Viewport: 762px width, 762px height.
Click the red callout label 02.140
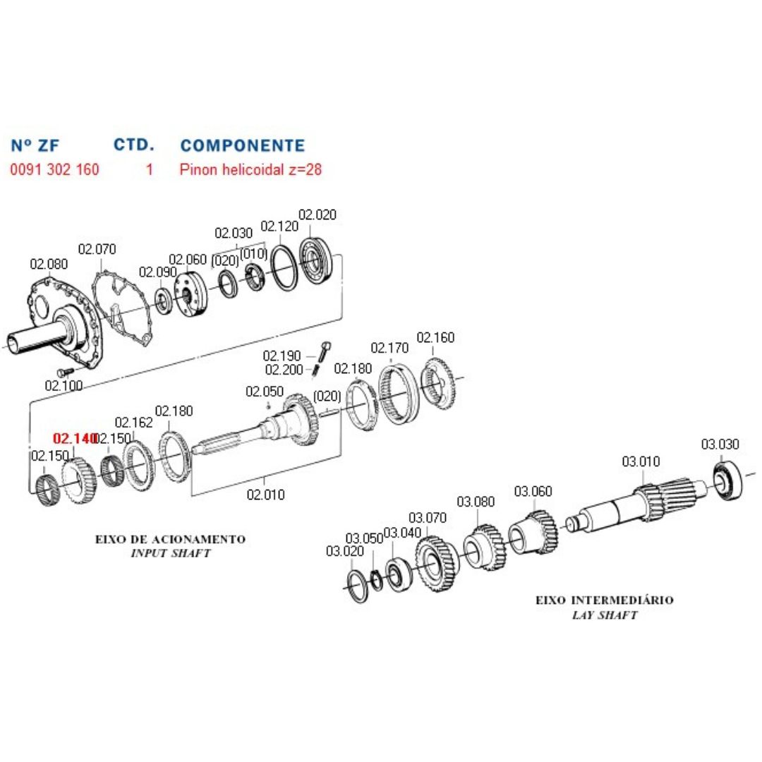[x=74, y=439]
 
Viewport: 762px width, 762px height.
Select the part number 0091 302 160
[x=54, y=170]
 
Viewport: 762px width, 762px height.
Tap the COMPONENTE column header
[x=243, y=146]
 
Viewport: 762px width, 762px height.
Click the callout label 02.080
[x=49, y=265]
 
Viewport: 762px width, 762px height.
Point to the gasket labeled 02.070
[x=124, y=310]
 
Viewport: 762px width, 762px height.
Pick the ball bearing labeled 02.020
[x=318, y=262]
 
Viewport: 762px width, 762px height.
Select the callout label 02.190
[x=282, y=356]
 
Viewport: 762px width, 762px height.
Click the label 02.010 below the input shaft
[x=265, y=495]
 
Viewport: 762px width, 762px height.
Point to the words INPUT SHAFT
[x=171, y=553]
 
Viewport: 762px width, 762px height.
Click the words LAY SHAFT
[x=604, y=615]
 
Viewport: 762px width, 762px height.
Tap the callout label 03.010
[x=641, y=462]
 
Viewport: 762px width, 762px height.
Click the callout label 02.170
[x=389, y=348]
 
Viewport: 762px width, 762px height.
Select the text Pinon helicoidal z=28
[x=250, y=170]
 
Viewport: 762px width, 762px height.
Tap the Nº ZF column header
[x=36, y=146]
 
